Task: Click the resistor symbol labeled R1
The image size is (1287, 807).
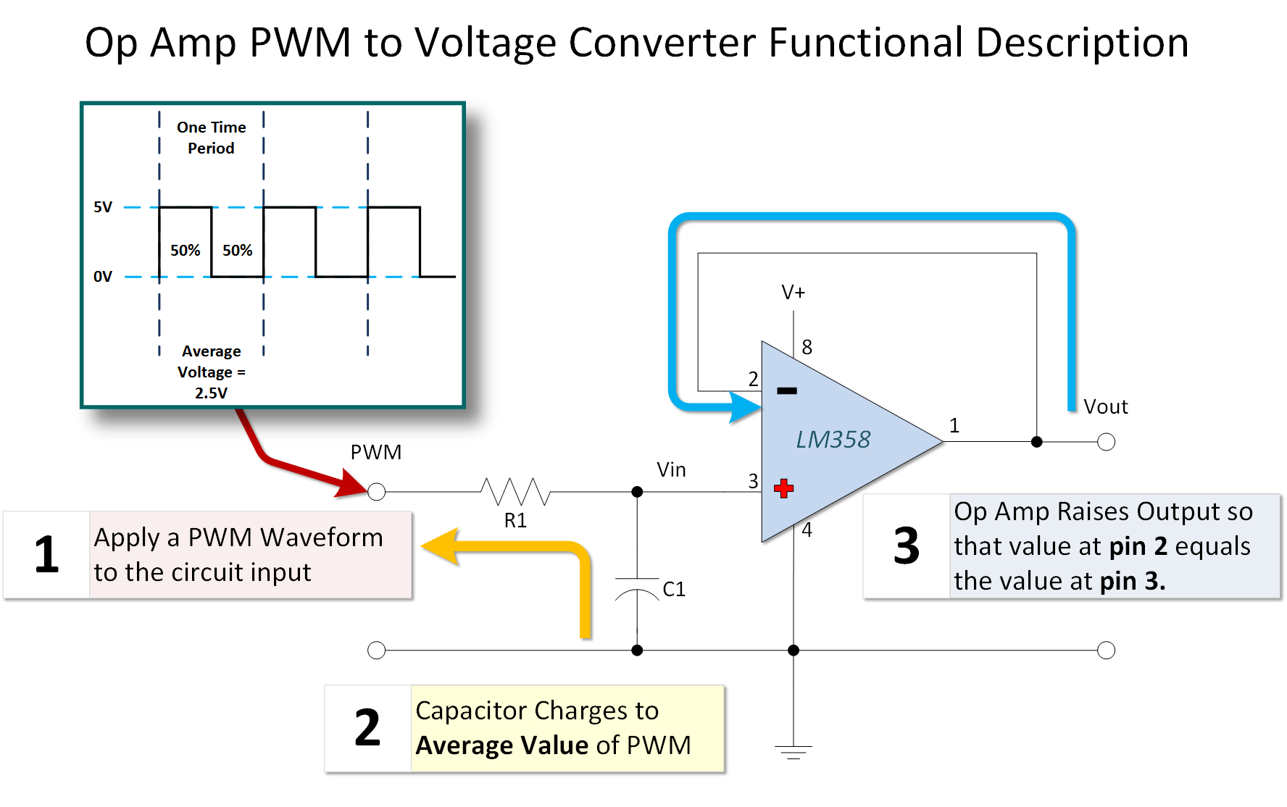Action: point(515,492)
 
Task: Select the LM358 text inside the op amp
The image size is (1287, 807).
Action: point(833,440)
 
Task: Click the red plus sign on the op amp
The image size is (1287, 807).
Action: point(783,488)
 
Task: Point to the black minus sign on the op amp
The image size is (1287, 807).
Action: point(786,390)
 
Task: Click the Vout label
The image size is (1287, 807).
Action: point(1105,407)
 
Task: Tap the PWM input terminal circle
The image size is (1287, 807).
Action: point(376,492)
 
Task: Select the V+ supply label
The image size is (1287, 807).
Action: point(793,293)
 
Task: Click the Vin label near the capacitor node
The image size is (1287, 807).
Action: point(671,470)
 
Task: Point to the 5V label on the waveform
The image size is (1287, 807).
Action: point(103,207)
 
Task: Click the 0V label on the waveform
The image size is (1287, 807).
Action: point(103,277)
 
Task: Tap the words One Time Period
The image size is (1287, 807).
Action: point(211,138)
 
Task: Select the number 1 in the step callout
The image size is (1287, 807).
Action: point(46,555)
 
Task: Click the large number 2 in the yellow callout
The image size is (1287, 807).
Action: point(367,728)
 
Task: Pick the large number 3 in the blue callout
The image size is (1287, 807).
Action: point(907,546)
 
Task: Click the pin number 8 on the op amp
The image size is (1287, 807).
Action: point(807,348)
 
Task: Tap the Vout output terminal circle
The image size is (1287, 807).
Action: point(1106,442)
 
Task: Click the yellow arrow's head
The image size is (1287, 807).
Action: point(439,546)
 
